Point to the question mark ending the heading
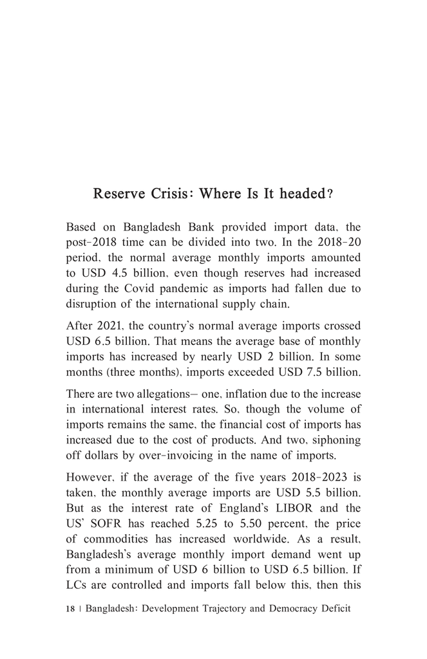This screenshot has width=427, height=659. [330, 194]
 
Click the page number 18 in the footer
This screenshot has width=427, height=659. [70, 609]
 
